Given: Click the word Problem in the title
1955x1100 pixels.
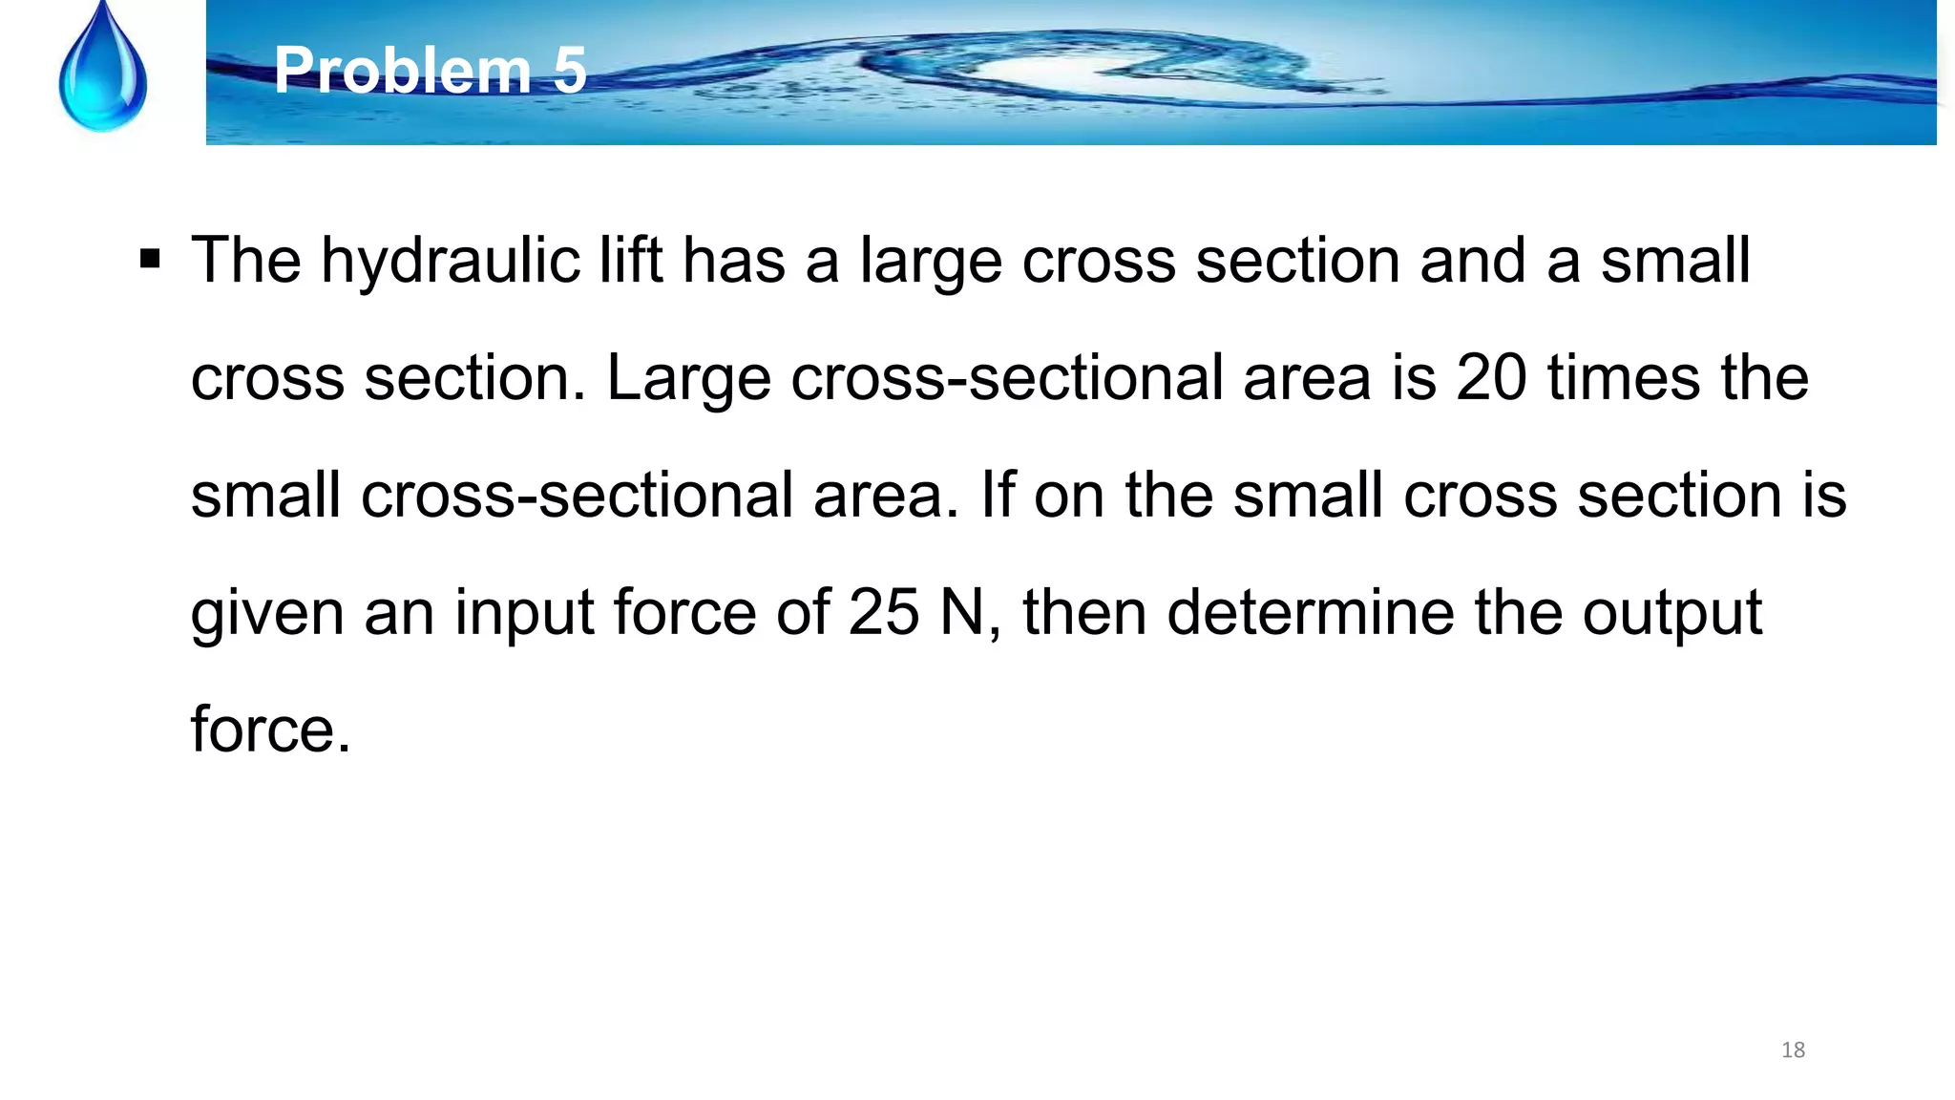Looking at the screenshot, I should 401,71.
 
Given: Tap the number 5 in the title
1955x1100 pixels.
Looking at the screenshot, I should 570,71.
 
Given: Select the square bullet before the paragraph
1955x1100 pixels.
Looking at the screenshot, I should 150,259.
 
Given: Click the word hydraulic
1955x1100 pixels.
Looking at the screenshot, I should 450,261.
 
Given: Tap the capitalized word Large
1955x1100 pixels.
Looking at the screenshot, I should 688,379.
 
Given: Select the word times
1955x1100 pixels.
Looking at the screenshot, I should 1624,377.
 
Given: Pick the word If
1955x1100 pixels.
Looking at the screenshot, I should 998,495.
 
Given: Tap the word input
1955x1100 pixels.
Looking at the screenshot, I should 523,614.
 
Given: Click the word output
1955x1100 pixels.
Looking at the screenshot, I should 1671,614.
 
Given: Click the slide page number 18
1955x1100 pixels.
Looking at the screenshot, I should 1793,1050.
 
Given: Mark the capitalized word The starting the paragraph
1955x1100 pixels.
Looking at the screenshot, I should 245,261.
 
